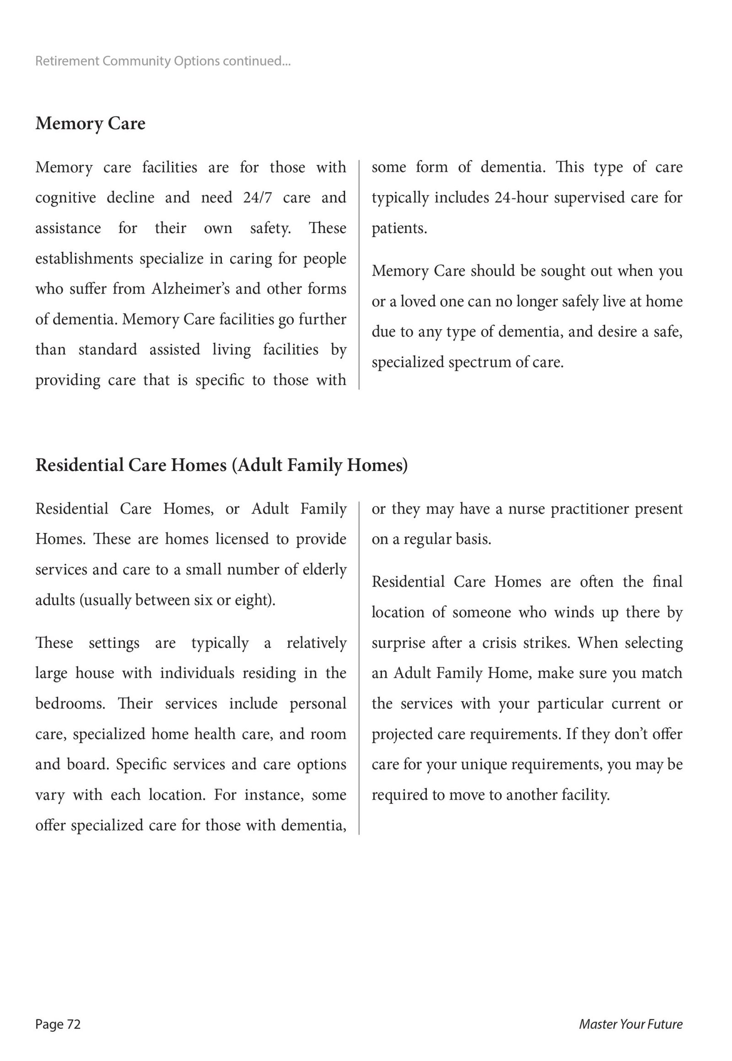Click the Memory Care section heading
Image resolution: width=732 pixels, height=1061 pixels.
point(90,124)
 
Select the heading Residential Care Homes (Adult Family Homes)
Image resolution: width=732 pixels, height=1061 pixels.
point(221,465)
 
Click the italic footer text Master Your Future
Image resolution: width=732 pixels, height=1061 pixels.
point(630,1024)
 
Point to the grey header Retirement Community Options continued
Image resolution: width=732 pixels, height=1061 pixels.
point(163,61)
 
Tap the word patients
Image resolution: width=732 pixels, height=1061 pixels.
point(398,228)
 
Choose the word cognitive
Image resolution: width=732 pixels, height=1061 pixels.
point(65,197)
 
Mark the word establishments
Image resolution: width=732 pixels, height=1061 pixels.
point(85,258)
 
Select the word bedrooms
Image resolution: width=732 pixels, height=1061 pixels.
point(70,704)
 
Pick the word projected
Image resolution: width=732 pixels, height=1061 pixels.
point(402,734)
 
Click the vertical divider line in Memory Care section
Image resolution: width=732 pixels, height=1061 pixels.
point(359,275)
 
